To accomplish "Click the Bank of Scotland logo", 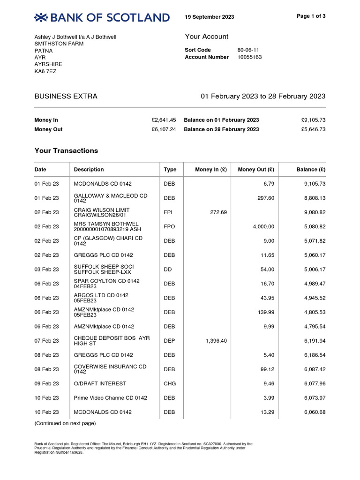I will point(102,18).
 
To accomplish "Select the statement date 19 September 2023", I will point(210,17).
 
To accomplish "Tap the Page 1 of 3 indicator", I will point(311,16).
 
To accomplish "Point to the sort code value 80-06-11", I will point(248,50).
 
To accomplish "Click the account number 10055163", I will point(250,57).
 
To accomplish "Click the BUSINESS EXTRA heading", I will point(66,97).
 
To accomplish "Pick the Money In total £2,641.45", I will point(164,120).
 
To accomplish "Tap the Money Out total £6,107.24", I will point(164,129).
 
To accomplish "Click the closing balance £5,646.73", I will point(313,129).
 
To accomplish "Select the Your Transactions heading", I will point(67,151).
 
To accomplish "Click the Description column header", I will point(89,170).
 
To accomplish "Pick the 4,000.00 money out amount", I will point(263,227).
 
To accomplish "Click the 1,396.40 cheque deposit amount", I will point(216,341).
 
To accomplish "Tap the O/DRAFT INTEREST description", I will point(100,383).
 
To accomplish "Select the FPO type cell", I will point(169,227).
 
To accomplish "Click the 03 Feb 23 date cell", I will point(47,270).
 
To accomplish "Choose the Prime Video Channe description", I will point(111,398).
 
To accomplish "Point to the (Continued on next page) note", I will point(65,424).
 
